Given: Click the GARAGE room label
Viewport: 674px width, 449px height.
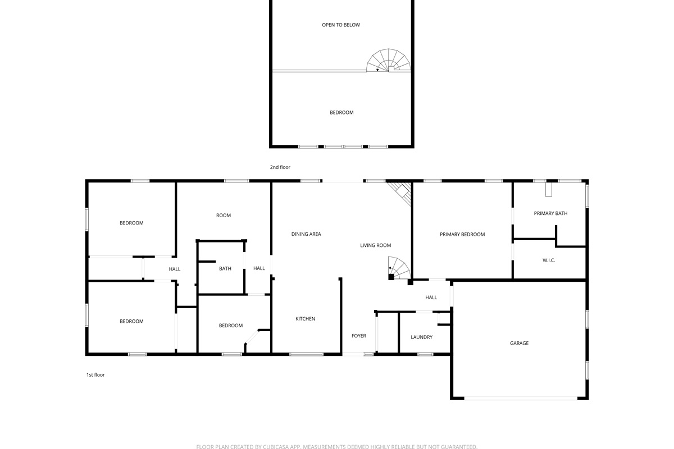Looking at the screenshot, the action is [519, 343].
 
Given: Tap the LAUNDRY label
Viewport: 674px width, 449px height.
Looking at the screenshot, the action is [422, 337].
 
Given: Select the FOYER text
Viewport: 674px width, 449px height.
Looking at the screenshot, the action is [359, 336].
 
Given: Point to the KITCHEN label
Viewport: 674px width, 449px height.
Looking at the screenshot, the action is [305, 319].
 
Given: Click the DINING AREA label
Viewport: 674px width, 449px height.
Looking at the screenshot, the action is [306, 234].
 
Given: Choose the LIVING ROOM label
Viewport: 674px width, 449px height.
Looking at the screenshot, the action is [376, 245].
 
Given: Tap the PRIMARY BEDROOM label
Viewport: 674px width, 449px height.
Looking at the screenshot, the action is [462, 234].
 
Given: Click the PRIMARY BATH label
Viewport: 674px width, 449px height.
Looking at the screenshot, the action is [550, 213].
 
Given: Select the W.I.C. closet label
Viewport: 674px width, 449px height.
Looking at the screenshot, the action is [549, 260].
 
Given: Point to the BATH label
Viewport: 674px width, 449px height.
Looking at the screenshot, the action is [225, 268].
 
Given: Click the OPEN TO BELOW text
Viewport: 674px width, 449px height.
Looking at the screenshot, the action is [341, 25].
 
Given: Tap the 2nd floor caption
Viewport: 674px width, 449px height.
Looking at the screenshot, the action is [280, 167].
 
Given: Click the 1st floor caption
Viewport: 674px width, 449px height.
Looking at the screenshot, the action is [95, 375].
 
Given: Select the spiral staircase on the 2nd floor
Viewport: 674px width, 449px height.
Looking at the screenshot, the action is [389, 61].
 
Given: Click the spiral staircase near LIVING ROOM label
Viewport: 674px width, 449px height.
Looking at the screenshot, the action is [399, 268].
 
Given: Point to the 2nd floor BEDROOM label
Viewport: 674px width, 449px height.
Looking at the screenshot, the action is [341, 112].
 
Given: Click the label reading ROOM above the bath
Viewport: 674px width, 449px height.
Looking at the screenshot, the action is [224, 216].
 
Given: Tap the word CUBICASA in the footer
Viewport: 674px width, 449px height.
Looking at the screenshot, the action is [276, 447].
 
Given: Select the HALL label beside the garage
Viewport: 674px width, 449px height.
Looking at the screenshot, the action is [431, 297].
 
